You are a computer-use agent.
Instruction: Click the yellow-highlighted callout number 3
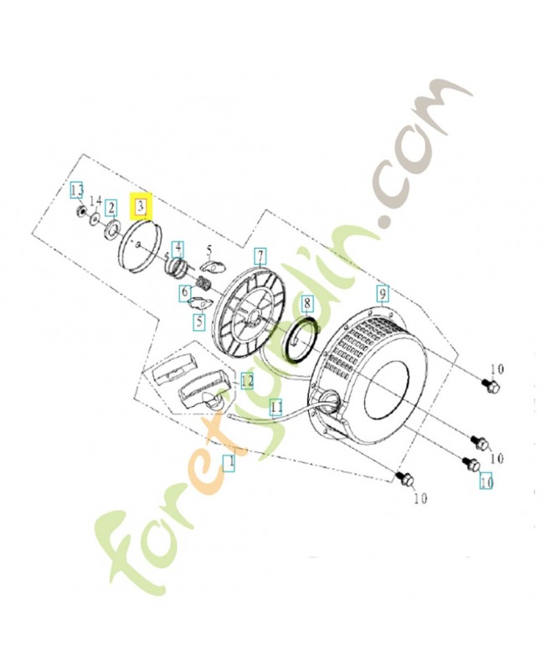[x=142, y=204]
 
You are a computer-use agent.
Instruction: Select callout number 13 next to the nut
[x=76, y=191]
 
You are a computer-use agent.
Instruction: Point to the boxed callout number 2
[x=111, y=207]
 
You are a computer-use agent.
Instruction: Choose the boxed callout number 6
[x=184, y=293]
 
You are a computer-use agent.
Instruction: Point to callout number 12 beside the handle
[x=247, y=381]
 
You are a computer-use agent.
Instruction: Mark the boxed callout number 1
[x=228, y=461]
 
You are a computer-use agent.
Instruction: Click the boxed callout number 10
[x=486, y=482]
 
